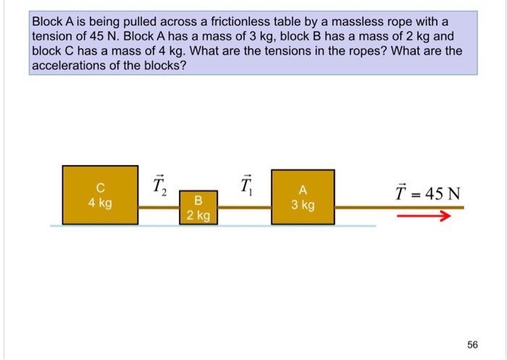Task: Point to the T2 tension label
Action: pyautogui.click(x=159, y=187)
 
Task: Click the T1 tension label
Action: pyautogui.click(x=246, y=187)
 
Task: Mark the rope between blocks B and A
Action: pyautogui.click(x=245, y=208)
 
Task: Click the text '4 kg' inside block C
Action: pyautogui.click(x=100, y=203)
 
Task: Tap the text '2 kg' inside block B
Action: pyautogui.click(x=198, y=215)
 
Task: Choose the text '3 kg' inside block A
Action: pyautogui.click(x=303, y=205)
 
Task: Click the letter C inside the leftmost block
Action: pyautogui.click(x=100, y=189)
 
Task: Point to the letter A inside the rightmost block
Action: pyautogui.click(x=303, y=191)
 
